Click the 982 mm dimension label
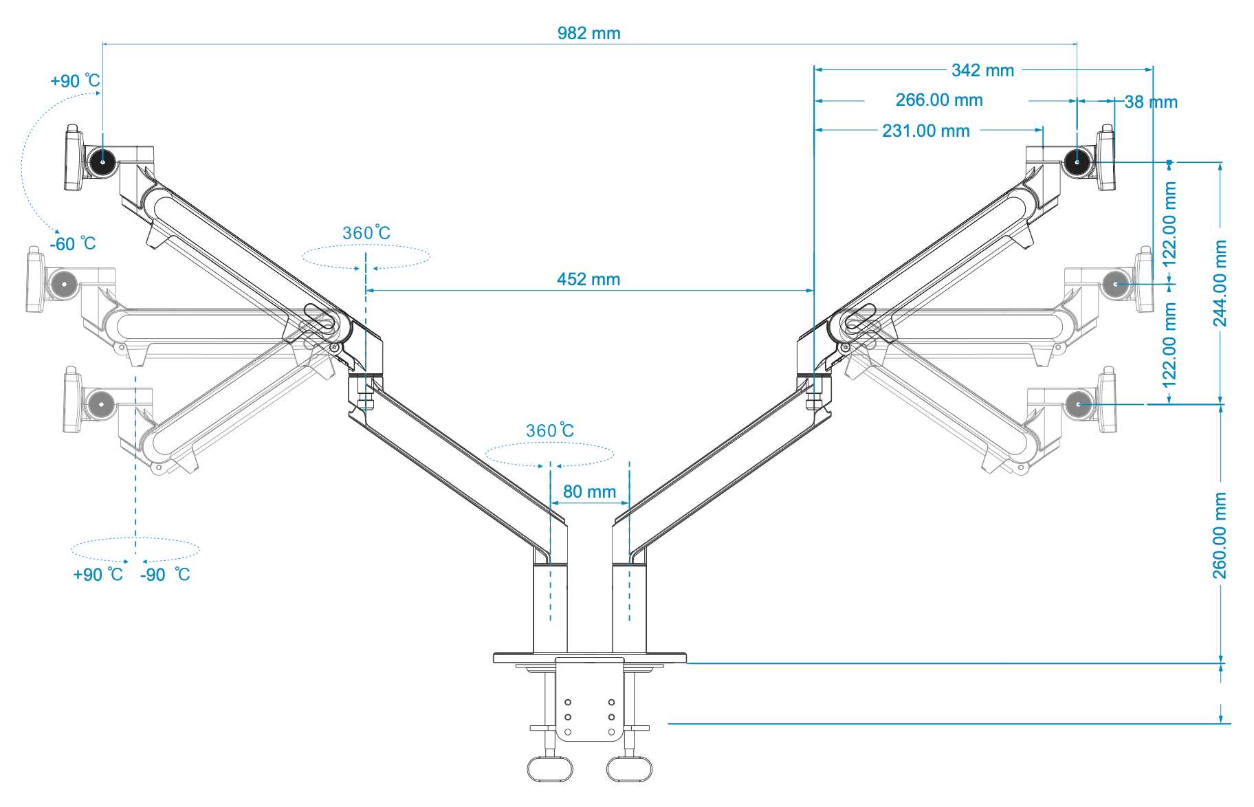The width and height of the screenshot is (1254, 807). point(588,33)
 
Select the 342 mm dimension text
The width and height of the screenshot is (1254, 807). point(982,70)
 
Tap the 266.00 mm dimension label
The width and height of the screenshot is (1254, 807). point(938,100)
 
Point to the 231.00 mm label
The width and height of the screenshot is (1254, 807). point(925,131)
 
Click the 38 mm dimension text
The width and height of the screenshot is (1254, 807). point(1151,102)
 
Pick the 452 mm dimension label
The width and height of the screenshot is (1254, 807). point(588,279)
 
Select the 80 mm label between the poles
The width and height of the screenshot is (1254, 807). point(589,491)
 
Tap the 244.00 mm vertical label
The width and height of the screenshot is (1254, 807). point(1220,283)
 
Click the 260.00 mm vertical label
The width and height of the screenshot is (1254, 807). point(1220,535)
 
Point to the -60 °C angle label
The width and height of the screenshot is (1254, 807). point(72,244)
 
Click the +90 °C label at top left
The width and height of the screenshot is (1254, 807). point(75,81)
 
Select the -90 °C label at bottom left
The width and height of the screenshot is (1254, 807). point(165,575)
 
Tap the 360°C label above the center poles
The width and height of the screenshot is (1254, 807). point(549,431)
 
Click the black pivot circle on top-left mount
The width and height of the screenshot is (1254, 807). point(102,162)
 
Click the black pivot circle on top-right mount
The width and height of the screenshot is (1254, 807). point(1077,162)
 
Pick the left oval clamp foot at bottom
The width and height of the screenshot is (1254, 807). point(550,769)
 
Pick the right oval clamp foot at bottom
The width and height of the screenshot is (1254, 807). point(629,769)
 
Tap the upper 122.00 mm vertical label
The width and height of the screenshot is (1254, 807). point(1169,224)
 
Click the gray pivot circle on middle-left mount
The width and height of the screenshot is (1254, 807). point(64,283)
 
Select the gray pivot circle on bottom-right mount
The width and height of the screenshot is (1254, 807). point(1078,404)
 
